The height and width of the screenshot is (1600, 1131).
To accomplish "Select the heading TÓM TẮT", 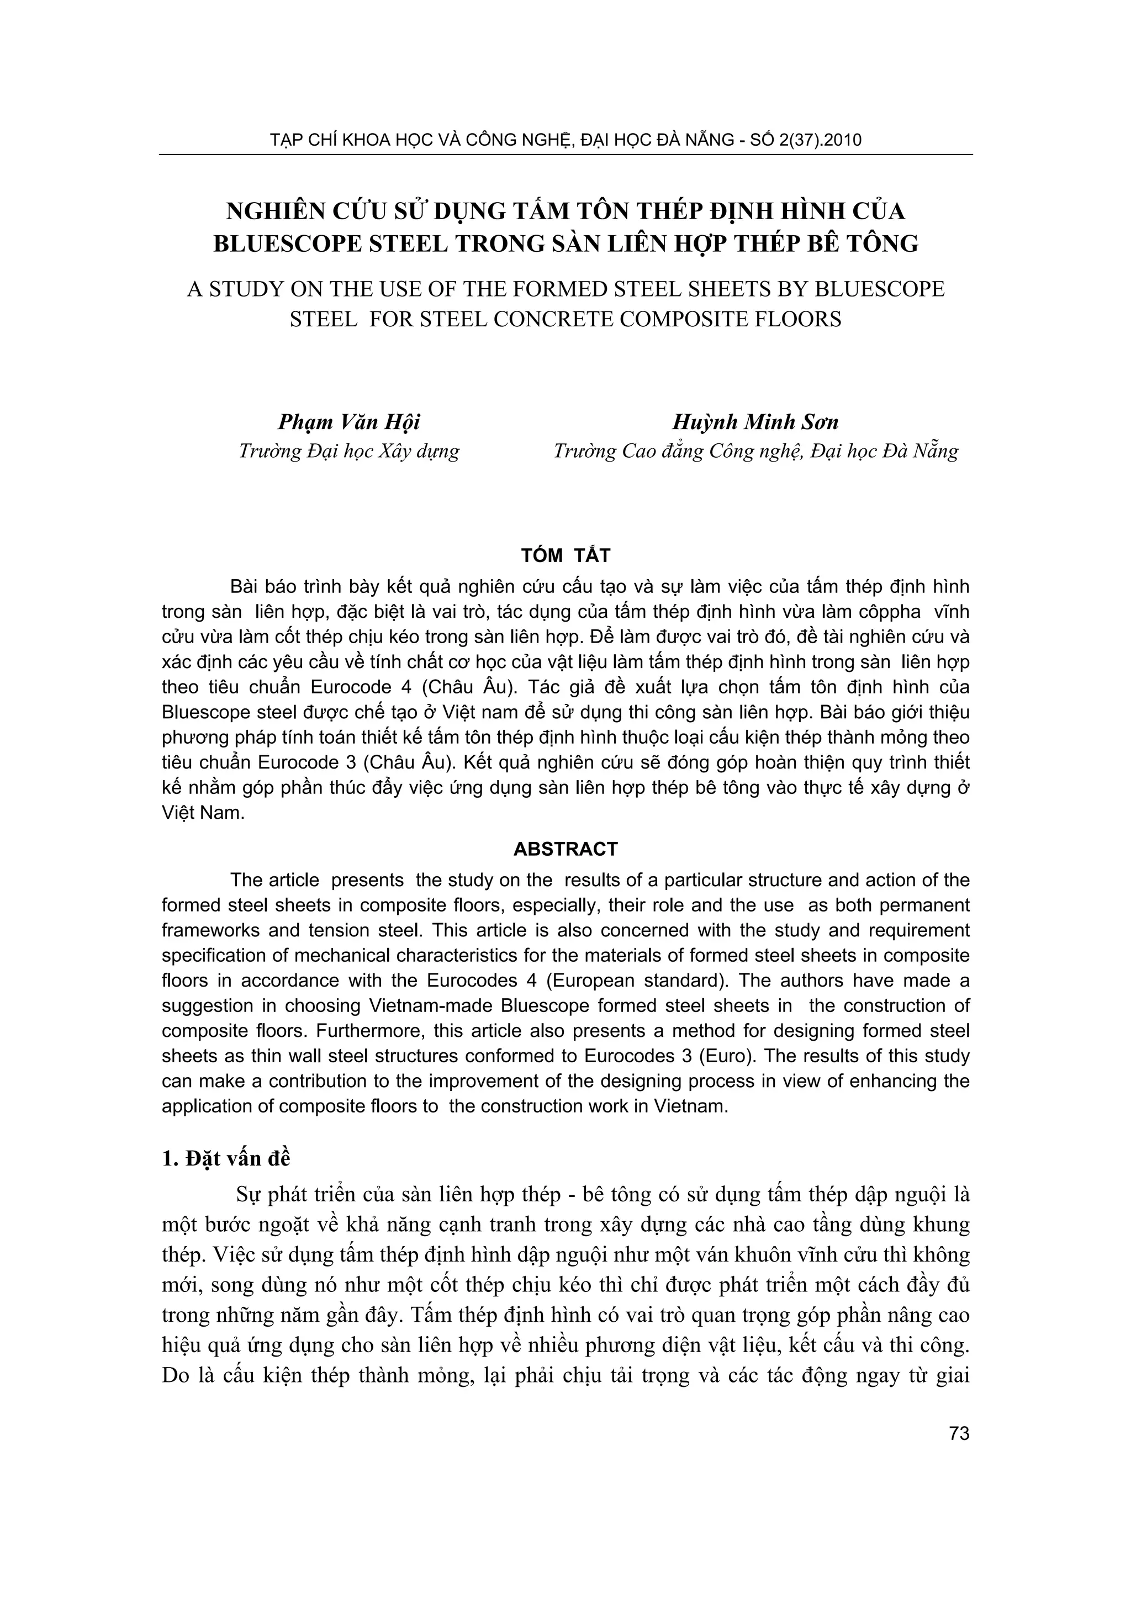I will (565, 555).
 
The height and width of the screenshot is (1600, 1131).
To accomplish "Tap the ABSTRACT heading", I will (565, 849).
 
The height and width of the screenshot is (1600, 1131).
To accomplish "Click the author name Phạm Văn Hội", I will (349, 422).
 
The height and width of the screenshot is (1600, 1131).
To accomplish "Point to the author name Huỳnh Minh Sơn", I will (755, 422).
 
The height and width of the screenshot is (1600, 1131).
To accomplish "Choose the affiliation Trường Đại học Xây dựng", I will (349, 452).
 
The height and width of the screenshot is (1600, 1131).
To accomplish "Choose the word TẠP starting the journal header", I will (283, 140).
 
